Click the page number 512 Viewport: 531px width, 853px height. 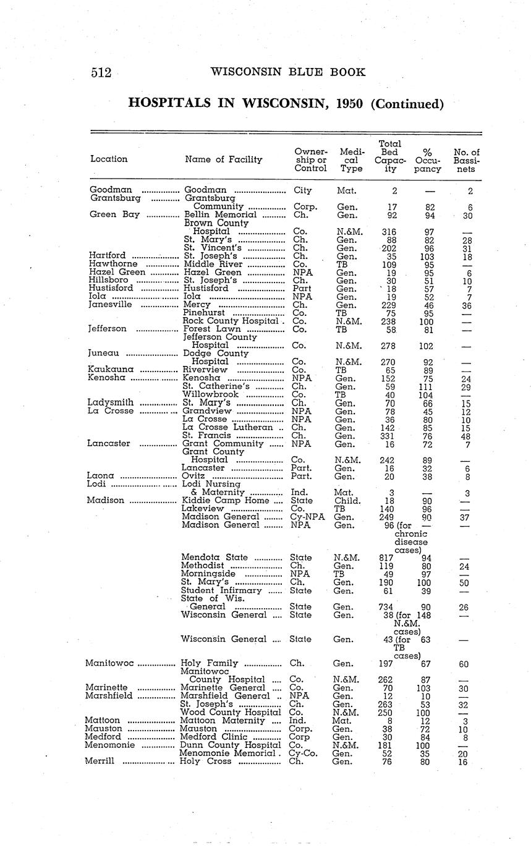[x=101, y=73]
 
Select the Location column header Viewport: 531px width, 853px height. [x=109, y=159]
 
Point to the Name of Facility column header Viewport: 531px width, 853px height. [x=224, y=159]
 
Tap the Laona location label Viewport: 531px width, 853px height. [x=100, y=476]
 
